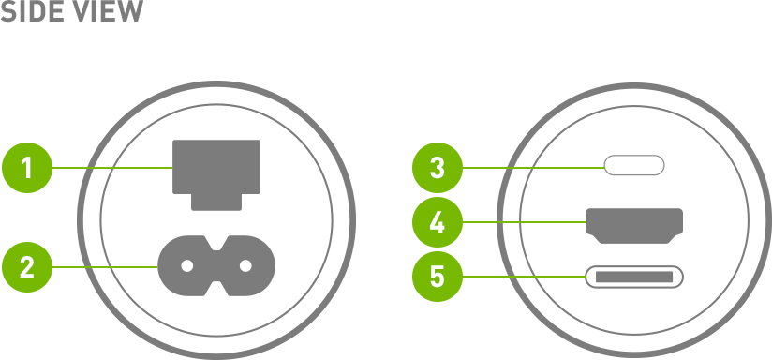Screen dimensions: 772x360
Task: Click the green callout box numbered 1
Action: [27, 168]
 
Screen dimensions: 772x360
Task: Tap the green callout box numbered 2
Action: [27, 267]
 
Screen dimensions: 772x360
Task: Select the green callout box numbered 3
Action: [438, 168]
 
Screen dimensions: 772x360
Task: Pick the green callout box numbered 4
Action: [438, 222]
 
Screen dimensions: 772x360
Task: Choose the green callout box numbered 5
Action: [438, 277]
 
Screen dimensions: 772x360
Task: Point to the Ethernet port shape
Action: [216, 166]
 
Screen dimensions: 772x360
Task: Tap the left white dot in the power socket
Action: [187, 266]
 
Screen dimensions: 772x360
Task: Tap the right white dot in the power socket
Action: [245, 266]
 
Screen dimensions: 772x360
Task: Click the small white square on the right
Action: [696, 277]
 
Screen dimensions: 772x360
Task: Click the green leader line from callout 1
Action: [112, 168]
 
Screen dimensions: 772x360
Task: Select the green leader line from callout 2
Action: [105, 267]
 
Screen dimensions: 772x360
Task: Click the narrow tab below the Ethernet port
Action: [216, 202]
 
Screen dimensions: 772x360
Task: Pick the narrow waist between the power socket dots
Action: [216, 266]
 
